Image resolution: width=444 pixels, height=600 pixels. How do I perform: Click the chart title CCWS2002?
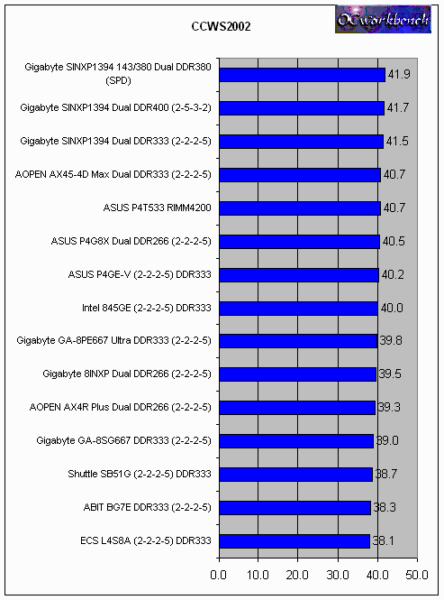point(221,26)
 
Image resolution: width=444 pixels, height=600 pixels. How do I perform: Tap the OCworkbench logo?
point(383,19)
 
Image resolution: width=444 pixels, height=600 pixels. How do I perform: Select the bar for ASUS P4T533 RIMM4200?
point(300,208)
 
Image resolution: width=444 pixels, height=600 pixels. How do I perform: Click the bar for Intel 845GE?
point(299,309)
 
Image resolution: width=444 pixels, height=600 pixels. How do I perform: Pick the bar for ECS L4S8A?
point(295,541)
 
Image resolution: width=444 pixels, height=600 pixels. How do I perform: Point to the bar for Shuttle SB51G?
point(296,475)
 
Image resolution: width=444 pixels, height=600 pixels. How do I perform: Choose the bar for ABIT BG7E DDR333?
point(295,508)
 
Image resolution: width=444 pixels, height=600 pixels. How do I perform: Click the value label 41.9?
point(399,74)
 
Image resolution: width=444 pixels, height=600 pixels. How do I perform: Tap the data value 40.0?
point(392,308)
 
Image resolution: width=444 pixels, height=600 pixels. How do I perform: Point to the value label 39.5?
point(390,374)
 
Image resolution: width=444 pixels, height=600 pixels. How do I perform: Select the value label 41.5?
point(397,141)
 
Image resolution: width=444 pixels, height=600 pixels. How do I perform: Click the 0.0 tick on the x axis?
point(218,575)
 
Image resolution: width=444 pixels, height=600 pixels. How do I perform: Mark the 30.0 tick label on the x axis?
point(338,575)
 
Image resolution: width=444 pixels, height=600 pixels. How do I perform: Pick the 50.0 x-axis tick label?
point(416,575)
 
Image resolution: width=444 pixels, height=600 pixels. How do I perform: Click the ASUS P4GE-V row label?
point(140,275)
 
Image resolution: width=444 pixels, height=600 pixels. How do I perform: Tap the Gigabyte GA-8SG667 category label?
point(123,441)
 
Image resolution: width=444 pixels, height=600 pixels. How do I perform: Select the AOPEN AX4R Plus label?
point(121,407)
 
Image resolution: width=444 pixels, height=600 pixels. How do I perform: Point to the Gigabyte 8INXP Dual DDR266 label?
point(127,374)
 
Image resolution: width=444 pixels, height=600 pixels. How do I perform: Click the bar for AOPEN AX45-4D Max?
point(300,175)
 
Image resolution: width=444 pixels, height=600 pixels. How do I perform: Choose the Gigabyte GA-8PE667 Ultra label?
point(113,340)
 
